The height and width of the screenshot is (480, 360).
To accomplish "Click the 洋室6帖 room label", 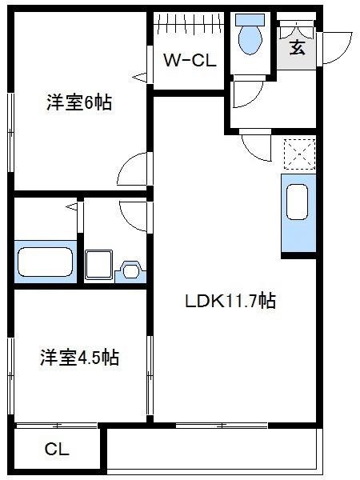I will [78, 102].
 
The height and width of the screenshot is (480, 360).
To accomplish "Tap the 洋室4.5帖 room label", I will [80, 357].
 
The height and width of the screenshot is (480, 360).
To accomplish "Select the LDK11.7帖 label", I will [230, 302].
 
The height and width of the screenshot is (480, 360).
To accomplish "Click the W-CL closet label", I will [189, 60].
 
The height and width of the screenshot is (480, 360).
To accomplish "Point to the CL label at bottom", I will [57, 450].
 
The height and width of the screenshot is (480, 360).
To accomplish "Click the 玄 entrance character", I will [297, 47].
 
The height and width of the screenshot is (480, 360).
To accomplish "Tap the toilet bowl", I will [252, 39].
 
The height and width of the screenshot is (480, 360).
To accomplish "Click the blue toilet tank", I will [252, 19].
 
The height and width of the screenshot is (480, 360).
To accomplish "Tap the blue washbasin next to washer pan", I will [130, 270].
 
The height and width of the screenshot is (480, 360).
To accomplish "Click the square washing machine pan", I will [100, 263].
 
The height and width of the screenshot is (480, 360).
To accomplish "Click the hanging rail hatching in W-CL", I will [189, 23].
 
